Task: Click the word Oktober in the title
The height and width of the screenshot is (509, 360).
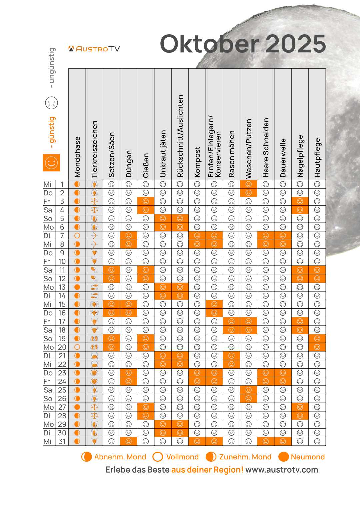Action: tap(209, 44)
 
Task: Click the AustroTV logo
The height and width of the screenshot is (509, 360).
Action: tap(94, 49)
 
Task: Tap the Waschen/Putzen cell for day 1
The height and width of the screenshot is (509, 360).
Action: tap(249, 184)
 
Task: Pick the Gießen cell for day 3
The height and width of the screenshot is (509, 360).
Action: tap(146, 201)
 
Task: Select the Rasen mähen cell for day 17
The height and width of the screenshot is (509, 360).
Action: tap(231, 321)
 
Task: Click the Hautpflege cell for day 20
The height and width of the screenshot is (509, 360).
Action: tap(317, 347)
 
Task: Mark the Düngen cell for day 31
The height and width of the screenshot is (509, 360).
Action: tap(129, 441)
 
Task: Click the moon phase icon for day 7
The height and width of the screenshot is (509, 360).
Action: tap(77, 236)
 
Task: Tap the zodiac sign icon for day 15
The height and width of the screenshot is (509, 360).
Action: tap(94, 304)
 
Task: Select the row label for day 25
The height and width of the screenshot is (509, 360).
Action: tap(55, 390)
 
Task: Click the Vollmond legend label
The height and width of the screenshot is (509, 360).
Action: tap(182, 457)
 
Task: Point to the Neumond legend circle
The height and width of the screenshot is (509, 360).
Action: tap(283, 457)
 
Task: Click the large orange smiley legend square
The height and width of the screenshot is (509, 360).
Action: tap(51, 163)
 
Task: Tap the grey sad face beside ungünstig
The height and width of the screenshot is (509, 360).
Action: tap(51, 103)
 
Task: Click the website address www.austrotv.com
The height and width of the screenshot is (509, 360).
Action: tap(282, 470)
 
